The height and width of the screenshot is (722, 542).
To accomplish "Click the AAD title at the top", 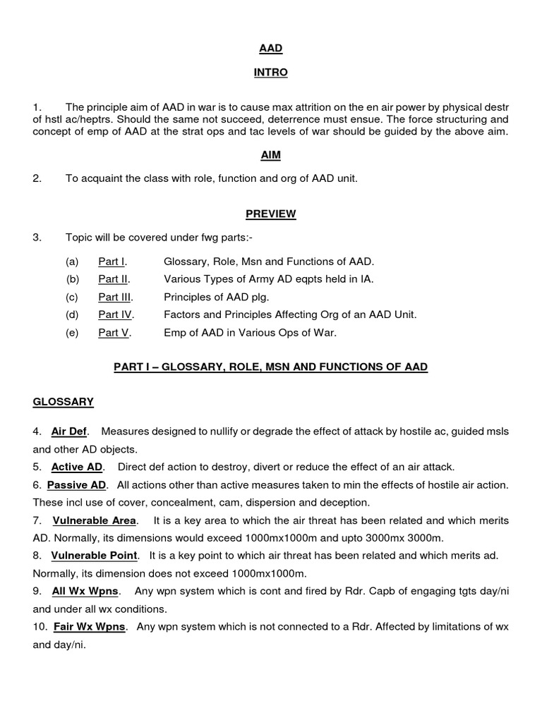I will [271, 48].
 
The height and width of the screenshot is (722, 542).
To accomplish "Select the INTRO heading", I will [271, 72].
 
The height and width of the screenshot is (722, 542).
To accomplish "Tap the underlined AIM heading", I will [271, 154].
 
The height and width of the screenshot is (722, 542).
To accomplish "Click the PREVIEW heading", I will [271, 214].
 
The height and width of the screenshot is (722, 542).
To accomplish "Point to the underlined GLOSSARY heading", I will [63, 401].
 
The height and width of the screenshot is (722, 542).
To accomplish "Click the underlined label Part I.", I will [112, 261].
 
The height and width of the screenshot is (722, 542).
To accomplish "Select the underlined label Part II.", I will [114, 279].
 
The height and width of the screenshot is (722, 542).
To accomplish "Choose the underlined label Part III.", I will [115, 297].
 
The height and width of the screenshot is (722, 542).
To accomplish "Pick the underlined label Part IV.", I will [116, 314].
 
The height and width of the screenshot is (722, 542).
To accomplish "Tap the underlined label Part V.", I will [114, 333].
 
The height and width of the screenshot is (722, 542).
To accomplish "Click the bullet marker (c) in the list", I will [72, 297].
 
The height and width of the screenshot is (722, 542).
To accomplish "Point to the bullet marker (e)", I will [72, 333].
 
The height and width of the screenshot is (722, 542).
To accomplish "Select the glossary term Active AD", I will [78, 467].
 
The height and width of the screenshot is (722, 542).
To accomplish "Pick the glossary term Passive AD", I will [77, 484].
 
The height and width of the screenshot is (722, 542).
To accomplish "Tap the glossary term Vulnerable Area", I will [94, 520].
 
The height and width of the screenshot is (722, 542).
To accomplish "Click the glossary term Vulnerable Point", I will [95, 555].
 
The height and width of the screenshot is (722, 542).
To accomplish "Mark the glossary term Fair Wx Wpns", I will [90, 626].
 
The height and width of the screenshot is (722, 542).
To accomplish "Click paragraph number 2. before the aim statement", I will [37, 178].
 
